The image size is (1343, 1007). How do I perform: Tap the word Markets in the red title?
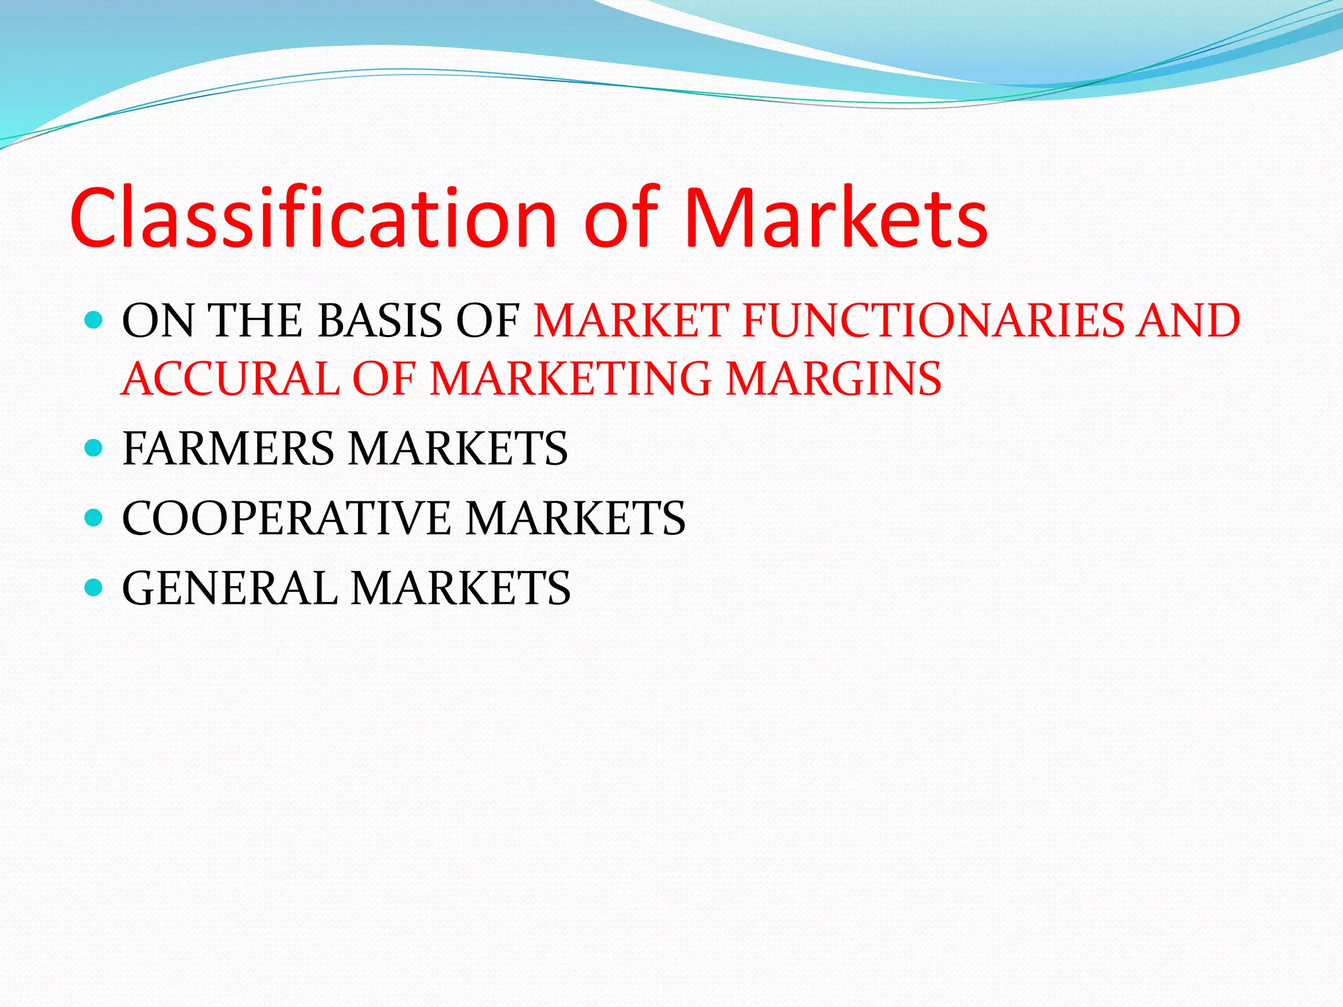[x=835, y=218]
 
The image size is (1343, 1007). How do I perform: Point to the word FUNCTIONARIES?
[x=933, y=321]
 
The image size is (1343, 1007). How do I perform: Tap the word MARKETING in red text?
[x=571, y=379]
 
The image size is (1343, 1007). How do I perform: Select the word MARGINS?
[x=833, y=379]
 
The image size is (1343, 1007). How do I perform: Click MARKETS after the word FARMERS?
[x=458, y=449]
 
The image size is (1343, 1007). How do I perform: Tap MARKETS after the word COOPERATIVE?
[x=576, y=519]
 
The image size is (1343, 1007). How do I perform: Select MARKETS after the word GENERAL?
[x=460, y=588]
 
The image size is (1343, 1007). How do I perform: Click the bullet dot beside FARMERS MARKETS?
[x=94, y=448]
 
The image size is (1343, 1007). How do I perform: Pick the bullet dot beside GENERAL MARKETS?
[x=94, y=587]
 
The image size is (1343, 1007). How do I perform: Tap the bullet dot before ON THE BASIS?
[x=94, y=320]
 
